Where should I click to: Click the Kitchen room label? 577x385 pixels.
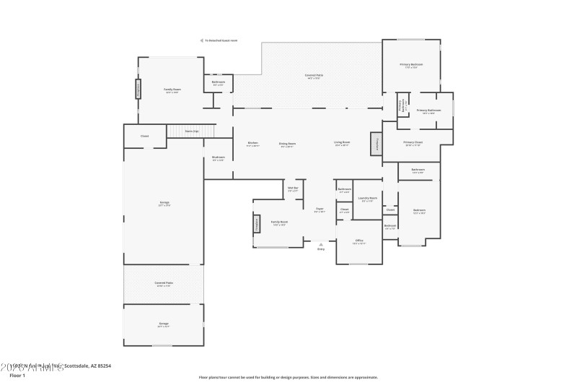click(x=253, y=143)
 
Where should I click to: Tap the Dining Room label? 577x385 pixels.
click(x=288, y=143)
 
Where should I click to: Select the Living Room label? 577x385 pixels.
click(x=342, y=142)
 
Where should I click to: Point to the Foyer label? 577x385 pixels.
click(x=320, y=209)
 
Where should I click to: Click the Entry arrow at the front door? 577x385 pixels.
click(x=321, y=245)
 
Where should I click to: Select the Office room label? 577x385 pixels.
click(x=359, y=241)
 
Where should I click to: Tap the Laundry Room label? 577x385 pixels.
click(x=368, y=198)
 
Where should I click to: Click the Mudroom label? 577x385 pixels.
click(x=219, y=157)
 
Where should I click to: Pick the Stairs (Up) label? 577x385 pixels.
click(x=192, y=131)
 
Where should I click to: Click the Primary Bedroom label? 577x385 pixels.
click(x=411, y=64)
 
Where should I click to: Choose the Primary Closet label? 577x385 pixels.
click(x=413, y=142)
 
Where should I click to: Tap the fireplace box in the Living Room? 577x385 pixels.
click(x=376, y=144)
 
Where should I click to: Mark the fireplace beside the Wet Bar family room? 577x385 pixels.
click(x=256, y=225)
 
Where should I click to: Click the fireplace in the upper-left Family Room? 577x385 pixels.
click(x=138, y=89)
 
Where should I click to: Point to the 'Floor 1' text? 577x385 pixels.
click(x=17, y=376)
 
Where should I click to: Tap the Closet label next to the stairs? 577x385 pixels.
click(x=144, y=136)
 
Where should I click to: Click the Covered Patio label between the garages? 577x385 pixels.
click(x=164, y=283)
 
